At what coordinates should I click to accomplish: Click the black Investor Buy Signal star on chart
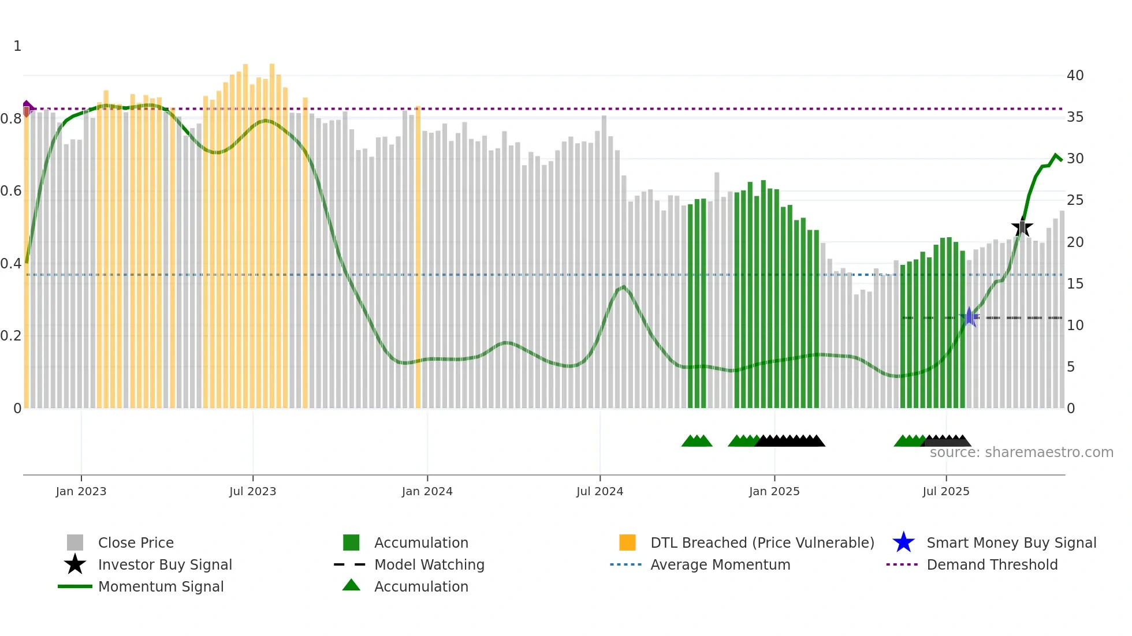tap(1022, 228)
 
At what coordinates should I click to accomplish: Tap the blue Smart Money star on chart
tap(969, 317)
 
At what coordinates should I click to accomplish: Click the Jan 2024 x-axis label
tap(427, 491)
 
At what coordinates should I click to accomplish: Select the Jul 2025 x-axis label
tap(945, 491)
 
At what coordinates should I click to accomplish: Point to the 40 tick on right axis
tap(1075, 76)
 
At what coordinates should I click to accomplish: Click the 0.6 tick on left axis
tap(11, 191)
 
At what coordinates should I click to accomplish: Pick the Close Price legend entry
tap(136, 543)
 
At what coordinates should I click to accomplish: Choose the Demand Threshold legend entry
tap(992, 564)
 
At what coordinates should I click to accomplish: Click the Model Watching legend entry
tap(429, 564)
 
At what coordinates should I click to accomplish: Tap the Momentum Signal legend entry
tap(161, 586)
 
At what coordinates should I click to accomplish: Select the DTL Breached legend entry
tap(762, 543)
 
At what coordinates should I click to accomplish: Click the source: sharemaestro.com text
tap(1021, 452)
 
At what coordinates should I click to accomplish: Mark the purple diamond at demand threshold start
tap(27, 107)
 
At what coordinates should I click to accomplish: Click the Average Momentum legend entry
tap(720, 564)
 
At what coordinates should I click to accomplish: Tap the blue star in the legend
tap(903, 543)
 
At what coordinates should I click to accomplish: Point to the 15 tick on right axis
tap(1075, 284)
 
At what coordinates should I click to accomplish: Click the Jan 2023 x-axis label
tap(81, 491)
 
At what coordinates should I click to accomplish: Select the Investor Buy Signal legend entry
tap(165, 564)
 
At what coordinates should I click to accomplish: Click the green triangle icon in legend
tap(351, 586)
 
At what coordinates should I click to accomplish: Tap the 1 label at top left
tap(17, 46)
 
